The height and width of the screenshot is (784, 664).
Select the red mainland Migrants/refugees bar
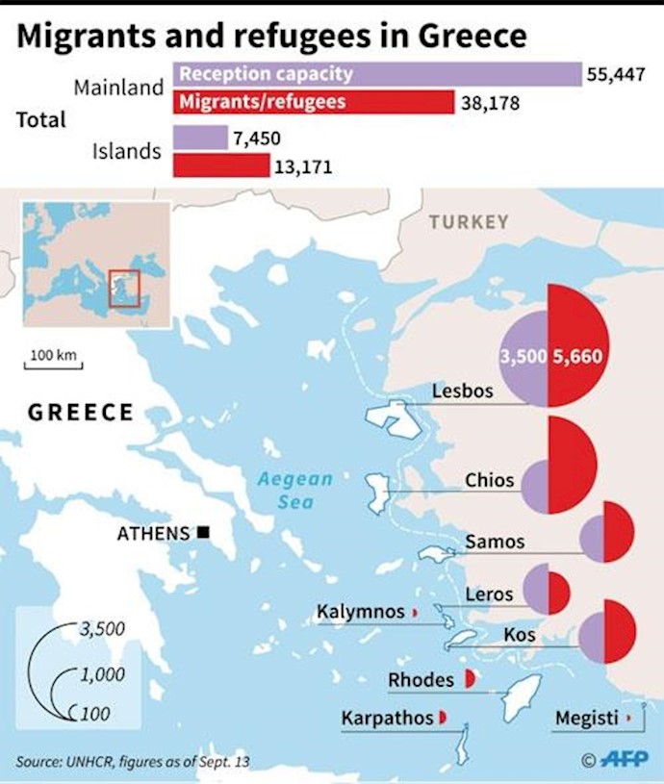(x=314, y=102)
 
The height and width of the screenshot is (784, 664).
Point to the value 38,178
(x=490, y=102)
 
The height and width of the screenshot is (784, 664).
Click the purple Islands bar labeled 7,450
(x=200, y=139)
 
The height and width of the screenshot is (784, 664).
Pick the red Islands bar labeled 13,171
(x=221, y=166)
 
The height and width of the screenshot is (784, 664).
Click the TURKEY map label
(x=469, y=222)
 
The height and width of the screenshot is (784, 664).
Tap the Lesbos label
(x=463, y=392)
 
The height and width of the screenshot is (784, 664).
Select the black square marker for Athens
(x=203, y=532)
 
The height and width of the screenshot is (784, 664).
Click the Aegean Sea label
(x=294, y=490)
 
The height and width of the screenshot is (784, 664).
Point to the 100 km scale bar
(x=54, y=364)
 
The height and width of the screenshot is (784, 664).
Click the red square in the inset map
(x=124, y=288)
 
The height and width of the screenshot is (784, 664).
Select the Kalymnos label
(x=361, y=612)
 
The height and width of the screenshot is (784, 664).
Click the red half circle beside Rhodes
(x=470, y=679)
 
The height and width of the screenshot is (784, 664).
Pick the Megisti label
(x=587, y=719)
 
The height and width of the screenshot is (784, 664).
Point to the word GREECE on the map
(x=81, y=413)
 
